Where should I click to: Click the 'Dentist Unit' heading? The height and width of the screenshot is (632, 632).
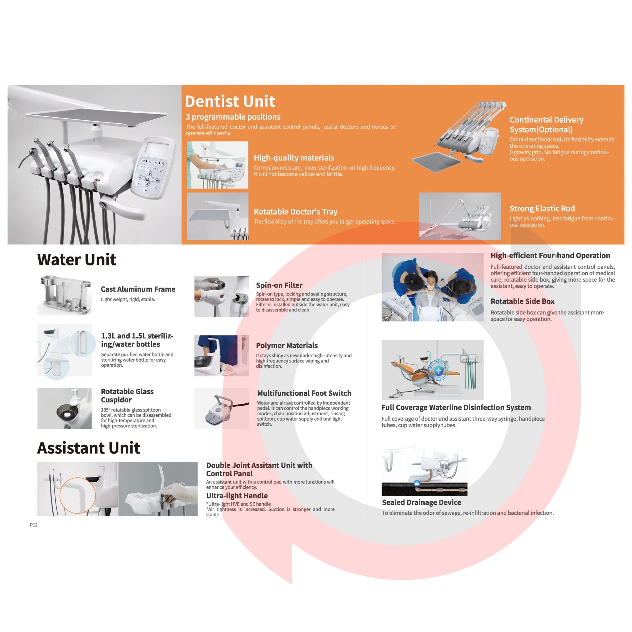click(x=230, y=102)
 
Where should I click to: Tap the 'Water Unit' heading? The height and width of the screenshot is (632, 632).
click(x=77, y=260)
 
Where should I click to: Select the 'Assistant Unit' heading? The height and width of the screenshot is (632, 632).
click(x=89, y=448)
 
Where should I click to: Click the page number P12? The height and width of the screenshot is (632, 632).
click(x=34, y=525)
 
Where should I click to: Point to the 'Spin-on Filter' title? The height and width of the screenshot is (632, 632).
click(x=279, y=285)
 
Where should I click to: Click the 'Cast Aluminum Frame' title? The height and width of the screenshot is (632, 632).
click(x=138, y=289)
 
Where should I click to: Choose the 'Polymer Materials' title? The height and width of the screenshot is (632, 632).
click(x=287, y=345)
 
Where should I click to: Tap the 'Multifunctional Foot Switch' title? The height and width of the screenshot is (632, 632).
click(x=304, y=393)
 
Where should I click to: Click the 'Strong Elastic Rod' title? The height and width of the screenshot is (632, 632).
click(x=542, y=209)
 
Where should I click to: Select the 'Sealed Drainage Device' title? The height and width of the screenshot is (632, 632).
click(x=421, y=502)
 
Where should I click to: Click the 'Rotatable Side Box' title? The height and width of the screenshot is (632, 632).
click(x=522, y=301)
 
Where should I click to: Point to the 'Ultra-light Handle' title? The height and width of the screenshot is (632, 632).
click(x=237, y=496)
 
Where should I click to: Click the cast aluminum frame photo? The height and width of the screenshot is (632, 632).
click(x=64, y=295)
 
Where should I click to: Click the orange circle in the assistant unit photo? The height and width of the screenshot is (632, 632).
click(x=78, y=495)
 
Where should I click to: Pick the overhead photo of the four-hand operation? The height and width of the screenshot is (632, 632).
click(x=432, y=287)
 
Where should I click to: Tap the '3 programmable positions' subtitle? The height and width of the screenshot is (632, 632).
click(x=233, y=117)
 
